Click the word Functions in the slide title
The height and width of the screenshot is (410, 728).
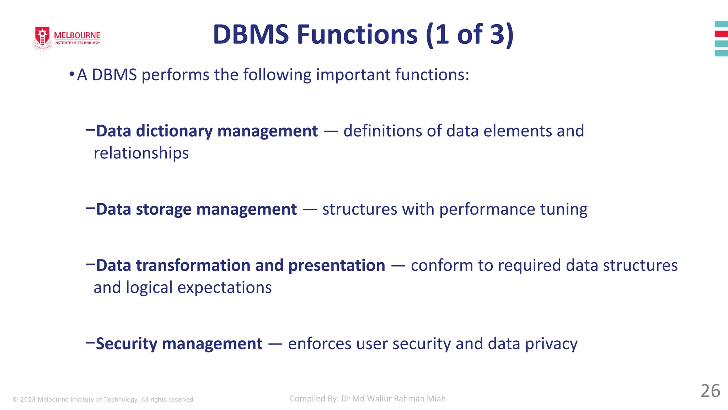(x=357, y=35)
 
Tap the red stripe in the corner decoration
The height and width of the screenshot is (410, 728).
(x=721, y=34)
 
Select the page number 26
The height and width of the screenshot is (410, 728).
(x=710, y=391)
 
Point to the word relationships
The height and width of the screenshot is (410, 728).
(x=141, y=153)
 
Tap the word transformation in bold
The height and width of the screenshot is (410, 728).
(x=193, y=266)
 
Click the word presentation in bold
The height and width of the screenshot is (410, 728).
(x=336, y=266)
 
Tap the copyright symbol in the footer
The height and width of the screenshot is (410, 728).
(x=15, y=400)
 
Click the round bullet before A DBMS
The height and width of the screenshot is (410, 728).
(x=71, y=74)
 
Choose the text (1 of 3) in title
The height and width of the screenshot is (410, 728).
(x=469, y=35)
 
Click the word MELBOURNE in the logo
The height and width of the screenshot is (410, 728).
(x=77, y=35)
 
